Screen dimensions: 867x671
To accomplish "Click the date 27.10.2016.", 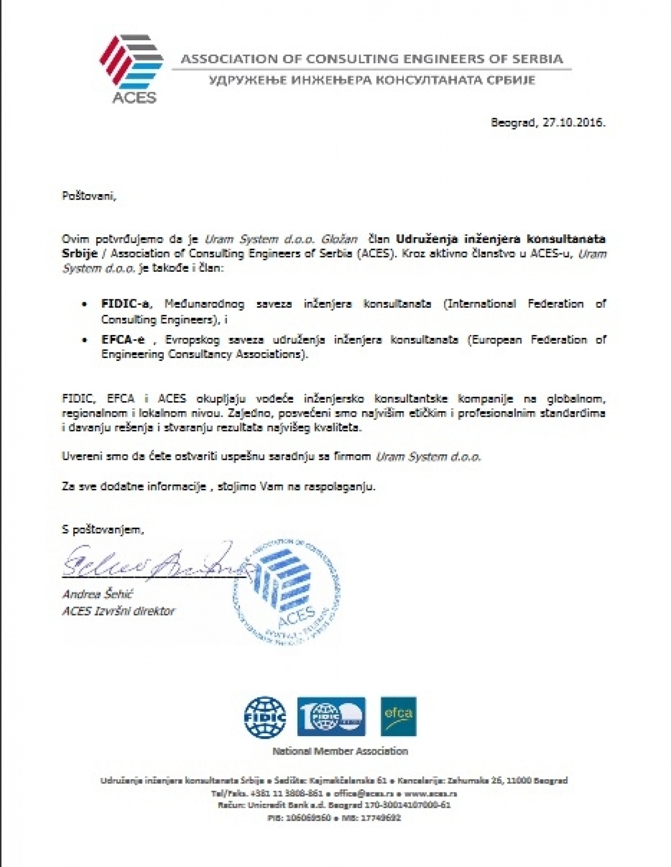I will point(575,122).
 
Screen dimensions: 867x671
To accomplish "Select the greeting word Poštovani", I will point(89,196).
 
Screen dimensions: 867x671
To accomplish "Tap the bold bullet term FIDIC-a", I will point(124,304).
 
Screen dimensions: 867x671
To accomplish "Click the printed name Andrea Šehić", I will point(97,594).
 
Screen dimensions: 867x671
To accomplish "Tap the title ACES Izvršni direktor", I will point(119,611).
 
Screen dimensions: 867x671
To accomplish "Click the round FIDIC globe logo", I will point(265,717).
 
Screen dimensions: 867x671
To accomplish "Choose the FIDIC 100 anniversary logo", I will point(331,717).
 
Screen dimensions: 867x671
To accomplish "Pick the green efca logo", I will point(398,716).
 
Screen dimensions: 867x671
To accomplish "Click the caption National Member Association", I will point(340,751).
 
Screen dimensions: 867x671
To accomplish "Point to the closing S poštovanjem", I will point(103,529).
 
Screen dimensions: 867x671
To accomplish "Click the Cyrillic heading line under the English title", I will point(372,80).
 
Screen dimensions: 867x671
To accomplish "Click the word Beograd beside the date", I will point(514,122).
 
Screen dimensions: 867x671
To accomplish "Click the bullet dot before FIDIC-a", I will point(84,305).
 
